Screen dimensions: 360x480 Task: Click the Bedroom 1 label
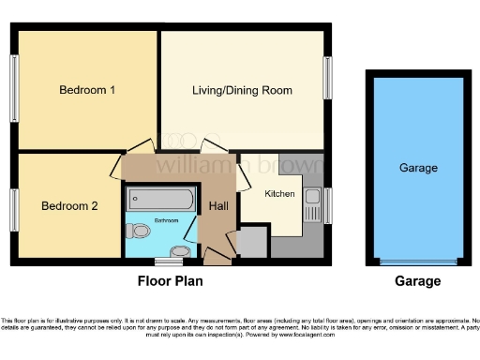point(87,91)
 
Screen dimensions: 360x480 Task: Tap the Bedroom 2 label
point(68,205)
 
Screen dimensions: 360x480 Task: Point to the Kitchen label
point(279,193)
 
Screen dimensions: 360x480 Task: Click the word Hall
point(217,206)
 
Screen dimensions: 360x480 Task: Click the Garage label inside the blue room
point(418,168)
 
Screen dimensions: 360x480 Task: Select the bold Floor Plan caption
point(170,280)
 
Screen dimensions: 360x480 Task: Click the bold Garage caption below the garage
point(417,280)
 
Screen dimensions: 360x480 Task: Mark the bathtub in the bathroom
point(160,199)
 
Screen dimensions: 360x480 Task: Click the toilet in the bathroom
point(141,231)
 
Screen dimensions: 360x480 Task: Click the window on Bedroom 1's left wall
point(15,82)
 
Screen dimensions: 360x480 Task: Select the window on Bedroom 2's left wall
point(15,206)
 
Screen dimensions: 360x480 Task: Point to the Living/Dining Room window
point(327,75)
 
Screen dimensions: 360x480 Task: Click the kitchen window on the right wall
point(327,205)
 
